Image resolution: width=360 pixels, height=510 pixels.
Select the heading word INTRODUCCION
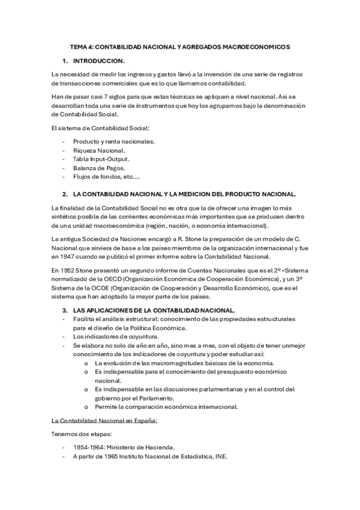pos(99,61)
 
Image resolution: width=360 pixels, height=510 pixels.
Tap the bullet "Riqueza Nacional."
pos(99,150)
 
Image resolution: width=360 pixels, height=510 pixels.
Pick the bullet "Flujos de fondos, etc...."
pos(106,177)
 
